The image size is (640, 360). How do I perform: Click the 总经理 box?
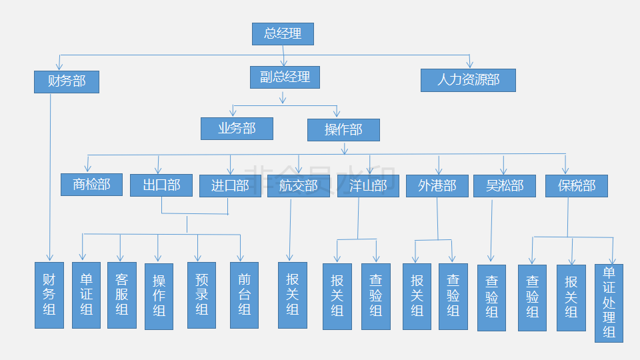283,34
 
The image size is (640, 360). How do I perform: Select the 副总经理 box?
285,77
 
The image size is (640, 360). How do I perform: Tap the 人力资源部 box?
468,81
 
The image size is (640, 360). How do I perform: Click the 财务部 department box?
67,82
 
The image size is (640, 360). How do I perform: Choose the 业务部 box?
237,129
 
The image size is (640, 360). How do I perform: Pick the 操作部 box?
343,130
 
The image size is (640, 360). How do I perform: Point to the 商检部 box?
91,185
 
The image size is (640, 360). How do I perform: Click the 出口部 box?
161,185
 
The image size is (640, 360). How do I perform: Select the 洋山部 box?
368,186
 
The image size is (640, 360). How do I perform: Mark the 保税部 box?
577,186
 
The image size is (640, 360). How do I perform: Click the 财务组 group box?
49,295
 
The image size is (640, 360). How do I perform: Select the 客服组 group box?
121,295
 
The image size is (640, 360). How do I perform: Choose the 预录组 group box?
201,295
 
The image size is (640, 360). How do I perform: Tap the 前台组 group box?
244,295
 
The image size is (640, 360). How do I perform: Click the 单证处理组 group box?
609,303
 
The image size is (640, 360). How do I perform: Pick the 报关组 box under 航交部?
292,295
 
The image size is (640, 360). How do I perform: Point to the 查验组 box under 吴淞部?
491,297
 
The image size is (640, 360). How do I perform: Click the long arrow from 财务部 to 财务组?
50,173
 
